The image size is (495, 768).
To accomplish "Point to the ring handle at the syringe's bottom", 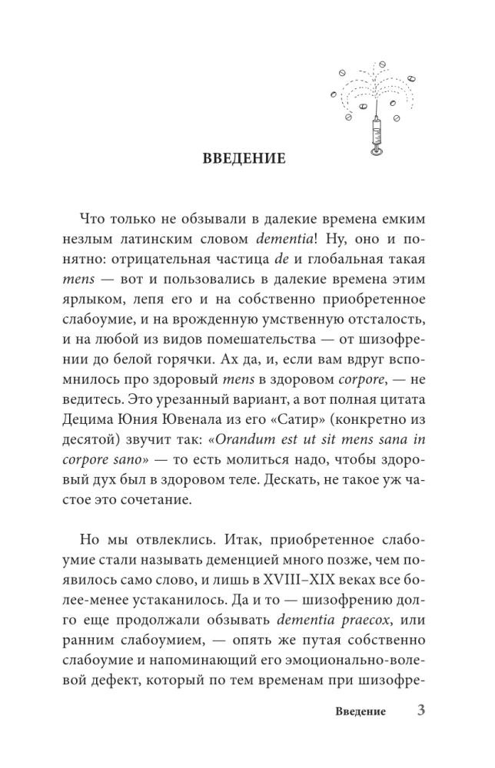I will [x=376, y=152].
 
